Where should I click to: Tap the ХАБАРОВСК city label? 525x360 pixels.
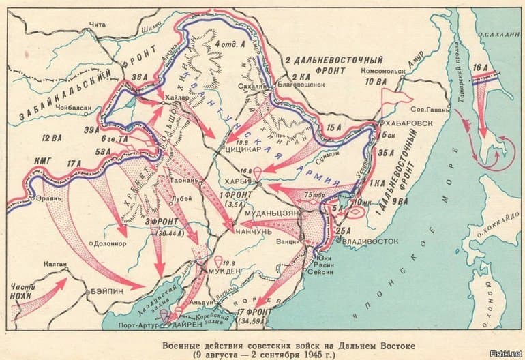click(411, 124)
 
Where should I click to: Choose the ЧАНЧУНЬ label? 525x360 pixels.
click(249, 232)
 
